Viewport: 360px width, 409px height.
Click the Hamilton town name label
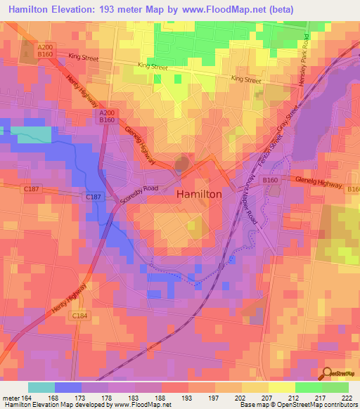(199, 193)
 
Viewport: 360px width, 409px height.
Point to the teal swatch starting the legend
(41, 387)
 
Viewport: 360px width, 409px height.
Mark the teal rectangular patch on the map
(31, 135)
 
